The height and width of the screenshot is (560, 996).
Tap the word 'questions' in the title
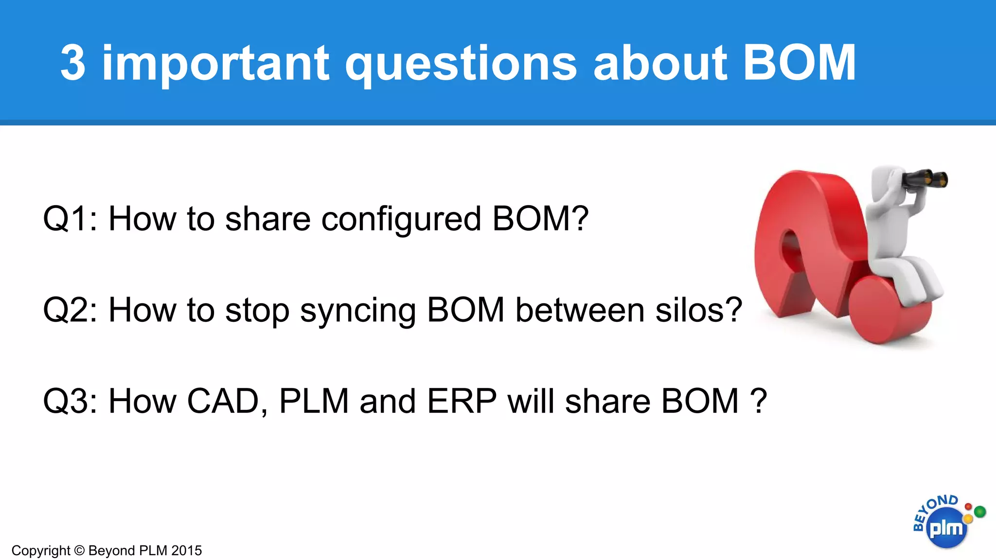click(x=461, y=64)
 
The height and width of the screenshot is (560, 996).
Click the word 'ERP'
click(x=462, y=402)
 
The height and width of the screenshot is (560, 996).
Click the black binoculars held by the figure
click(x=924, y=179)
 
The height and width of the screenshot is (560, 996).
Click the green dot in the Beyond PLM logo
click(x=980, y=511)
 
